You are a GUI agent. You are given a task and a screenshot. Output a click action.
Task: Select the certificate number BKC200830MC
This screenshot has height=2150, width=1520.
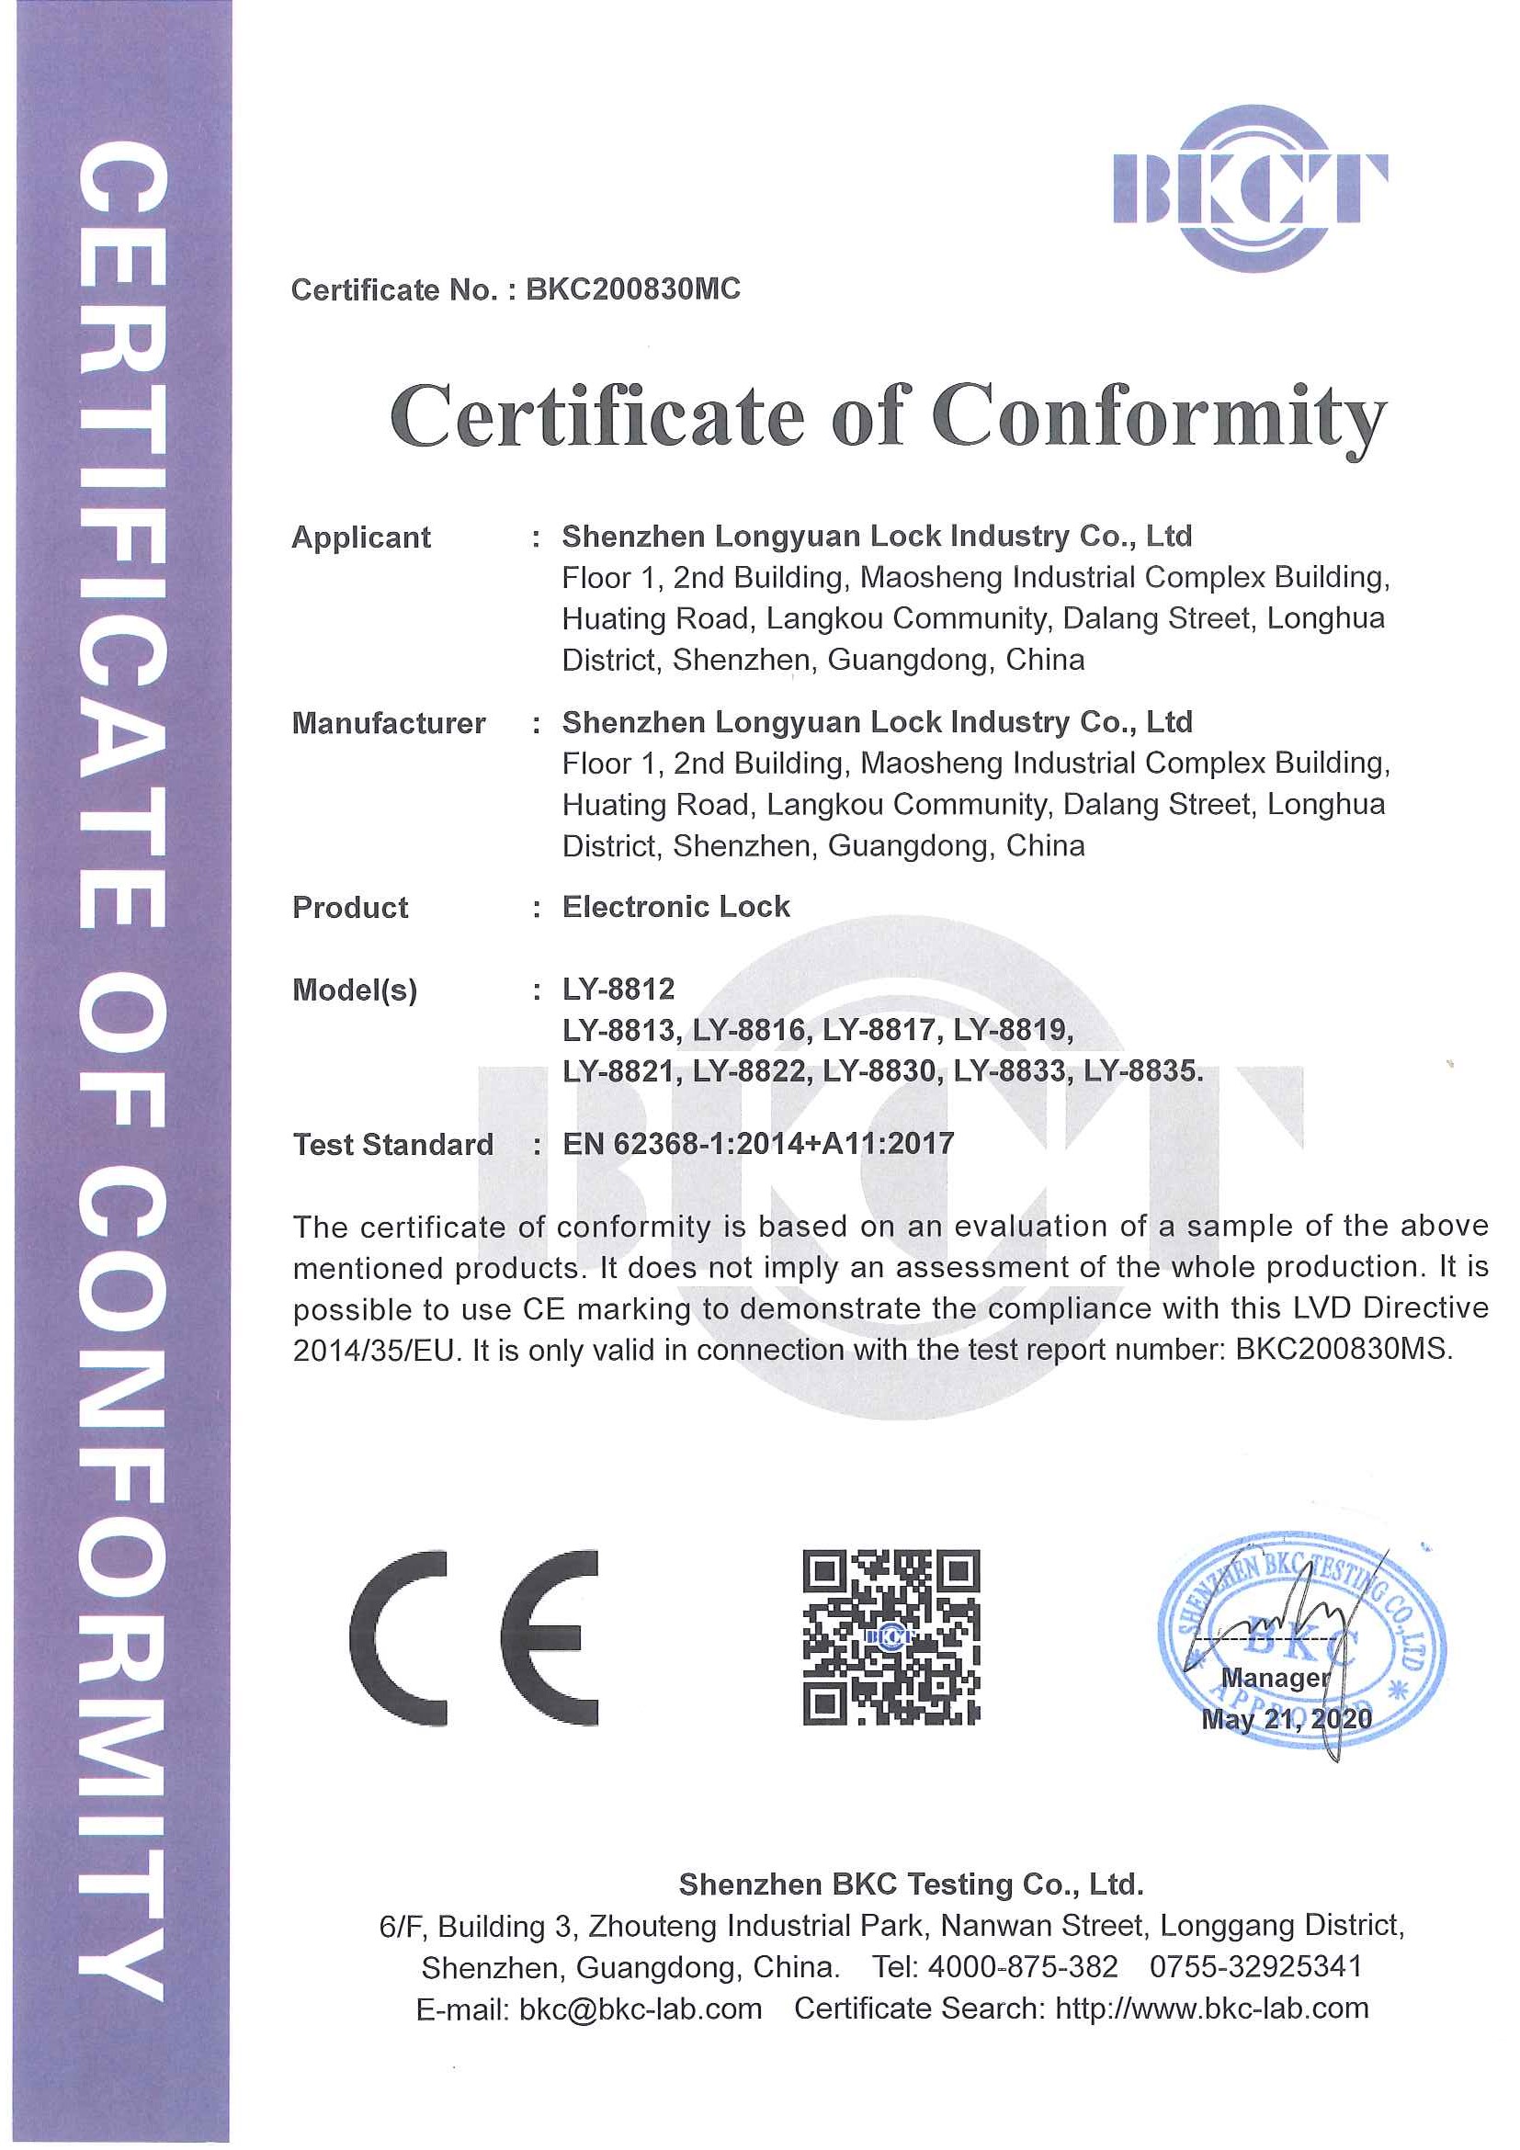633,289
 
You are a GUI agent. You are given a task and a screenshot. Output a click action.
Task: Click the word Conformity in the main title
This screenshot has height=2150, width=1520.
1158,418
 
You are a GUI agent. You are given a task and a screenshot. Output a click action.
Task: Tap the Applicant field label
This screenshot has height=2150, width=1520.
361,537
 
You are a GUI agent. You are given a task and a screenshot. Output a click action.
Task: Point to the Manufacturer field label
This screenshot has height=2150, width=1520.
389,723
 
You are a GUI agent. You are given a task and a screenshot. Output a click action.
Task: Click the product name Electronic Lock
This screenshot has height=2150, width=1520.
676,907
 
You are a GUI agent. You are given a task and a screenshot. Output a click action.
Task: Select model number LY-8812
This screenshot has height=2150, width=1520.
618,989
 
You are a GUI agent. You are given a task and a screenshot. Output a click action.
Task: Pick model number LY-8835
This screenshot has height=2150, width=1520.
1141,1070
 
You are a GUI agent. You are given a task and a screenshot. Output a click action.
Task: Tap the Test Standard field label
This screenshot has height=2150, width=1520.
393,1144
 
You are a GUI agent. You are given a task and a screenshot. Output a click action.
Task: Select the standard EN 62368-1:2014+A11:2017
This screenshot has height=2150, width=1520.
757,1143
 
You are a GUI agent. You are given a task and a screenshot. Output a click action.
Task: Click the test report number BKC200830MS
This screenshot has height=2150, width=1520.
1343,1350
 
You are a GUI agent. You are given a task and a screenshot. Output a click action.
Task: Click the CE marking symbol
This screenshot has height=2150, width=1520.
474,1638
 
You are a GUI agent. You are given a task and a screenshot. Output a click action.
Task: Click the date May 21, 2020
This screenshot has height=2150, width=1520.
1286,1719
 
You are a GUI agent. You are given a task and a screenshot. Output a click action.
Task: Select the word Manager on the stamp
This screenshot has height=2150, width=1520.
1275,1678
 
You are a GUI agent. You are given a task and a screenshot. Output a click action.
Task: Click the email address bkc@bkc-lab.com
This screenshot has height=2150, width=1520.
640,2009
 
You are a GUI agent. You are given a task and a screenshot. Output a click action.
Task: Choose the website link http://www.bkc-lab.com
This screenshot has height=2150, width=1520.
1212,2009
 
